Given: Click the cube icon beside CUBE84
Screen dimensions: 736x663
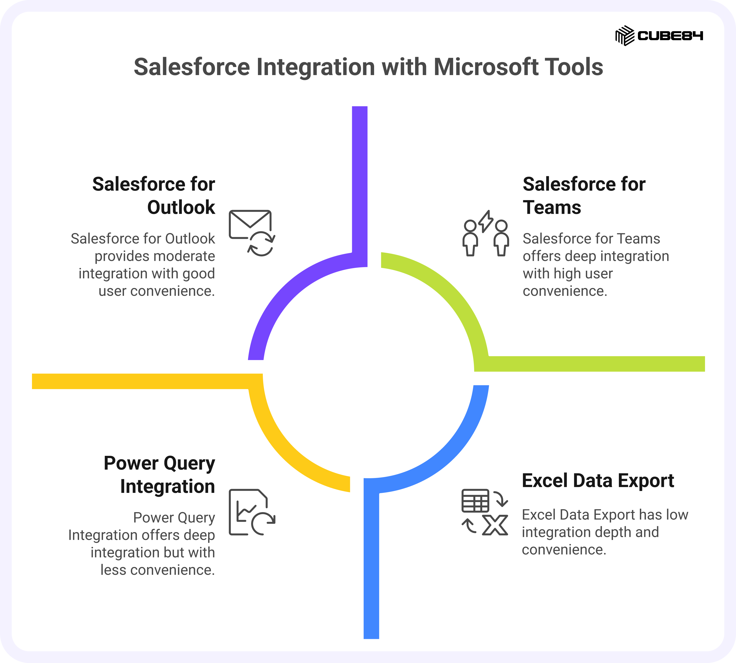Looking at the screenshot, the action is tap(625, 36).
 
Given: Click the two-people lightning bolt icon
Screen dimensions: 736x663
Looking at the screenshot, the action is tap(485, 233).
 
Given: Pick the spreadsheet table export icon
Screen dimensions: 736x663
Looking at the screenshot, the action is tap(485, 512).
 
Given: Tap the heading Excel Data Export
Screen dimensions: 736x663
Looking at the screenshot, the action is tap(598, 480).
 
